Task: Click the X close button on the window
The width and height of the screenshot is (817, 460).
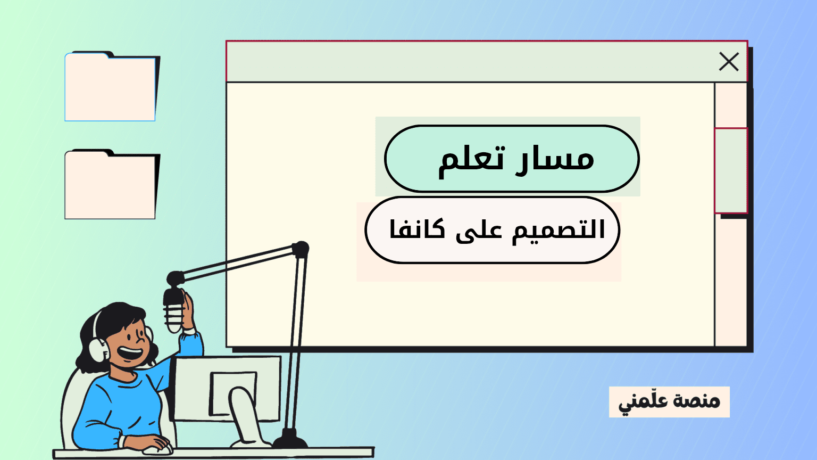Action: (x=729, y=62)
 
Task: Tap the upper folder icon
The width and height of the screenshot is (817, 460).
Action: (x=111, y=88)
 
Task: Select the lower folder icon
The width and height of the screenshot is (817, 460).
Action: (x=111, y=186)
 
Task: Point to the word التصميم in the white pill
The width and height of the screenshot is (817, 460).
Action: (x=558, y=230)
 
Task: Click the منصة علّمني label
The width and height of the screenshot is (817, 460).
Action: (x=669, y=401)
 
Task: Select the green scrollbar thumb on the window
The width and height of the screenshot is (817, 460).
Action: (x=731, y=170)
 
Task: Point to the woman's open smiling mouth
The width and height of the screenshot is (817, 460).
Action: (x=129, y=353)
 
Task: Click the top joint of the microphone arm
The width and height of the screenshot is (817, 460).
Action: (x=301, y=249)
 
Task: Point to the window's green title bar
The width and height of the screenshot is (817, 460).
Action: (x=468, y=62)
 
